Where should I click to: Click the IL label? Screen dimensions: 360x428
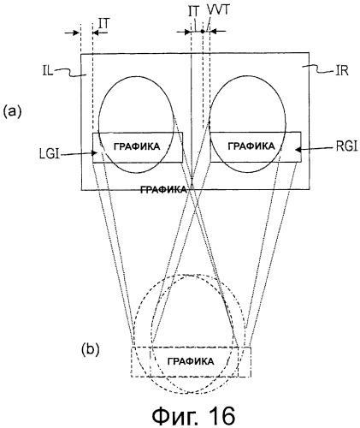[48, 71]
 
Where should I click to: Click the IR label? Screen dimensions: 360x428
[342, 70]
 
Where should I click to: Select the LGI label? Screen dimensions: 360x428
[50, 154]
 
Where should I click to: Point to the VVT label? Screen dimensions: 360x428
[218, 11]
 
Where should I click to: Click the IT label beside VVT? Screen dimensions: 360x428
[194, 11]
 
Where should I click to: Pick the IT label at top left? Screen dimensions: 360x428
[103, 24]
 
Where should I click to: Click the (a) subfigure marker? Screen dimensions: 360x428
[12, 111]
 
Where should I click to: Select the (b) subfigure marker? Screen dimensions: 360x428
[91, 349]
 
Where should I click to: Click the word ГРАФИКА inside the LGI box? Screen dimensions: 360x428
[137, 146]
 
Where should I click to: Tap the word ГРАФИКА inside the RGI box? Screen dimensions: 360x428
[251, 146]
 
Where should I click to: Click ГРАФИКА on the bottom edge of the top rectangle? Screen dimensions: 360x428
[164, 189]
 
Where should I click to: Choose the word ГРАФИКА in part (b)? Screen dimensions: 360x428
[191, 361]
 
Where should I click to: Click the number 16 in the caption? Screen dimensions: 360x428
[219, 416]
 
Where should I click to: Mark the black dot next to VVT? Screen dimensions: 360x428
[203, 32]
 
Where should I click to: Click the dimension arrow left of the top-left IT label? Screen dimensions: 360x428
[72, 33]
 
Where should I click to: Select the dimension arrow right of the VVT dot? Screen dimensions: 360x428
[218, 32]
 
